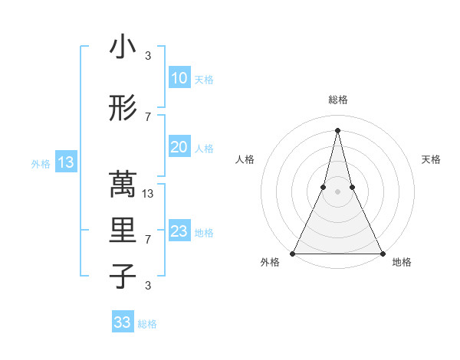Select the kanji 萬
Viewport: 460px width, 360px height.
123,185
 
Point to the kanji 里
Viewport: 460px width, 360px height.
123,231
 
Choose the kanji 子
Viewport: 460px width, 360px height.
123,277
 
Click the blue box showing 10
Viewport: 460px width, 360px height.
179,77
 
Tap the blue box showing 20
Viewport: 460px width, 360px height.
179,147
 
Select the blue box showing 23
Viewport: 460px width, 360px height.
179,231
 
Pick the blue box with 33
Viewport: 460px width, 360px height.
123,322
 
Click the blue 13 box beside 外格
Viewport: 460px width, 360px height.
66,162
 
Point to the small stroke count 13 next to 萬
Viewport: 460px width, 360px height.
149,193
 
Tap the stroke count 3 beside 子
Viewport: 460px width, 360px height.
148,286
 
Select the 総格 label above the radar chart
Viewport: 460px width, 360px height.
337,100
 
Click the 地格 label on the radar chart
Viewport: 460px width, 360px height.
402,262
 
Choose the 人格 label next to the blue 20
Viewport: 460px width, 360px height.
204,148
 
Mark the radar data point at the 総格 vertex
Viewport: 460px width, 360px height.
337,129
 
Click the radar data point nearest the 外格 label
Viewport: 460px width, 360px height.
293,253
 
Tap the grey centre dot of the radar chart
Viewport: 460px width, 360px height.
337,192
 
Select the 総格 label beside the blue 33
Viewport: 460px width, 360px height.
147,324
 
